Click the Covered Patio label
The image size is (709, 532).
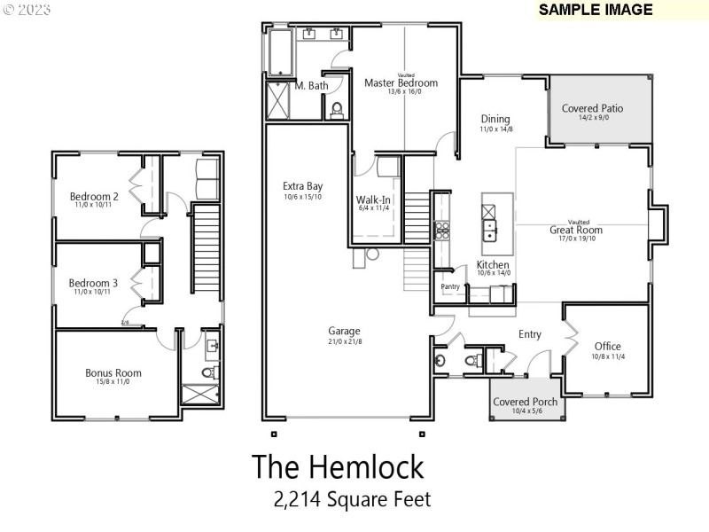(592, 108)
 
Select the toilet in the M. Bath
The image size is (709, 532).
(337, 110)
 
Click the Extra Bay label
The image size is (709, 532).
(302, 186)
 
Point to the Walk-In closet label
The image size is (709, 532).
(374, 199)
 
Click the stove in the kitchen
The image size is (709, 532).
(441, 231)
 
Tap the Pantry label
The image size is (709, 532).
(450, 286)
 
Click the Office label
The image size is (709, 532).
(607, 346)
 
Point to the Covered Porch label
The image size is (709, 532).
(526, 402)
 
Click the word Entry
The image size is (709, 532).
(530, 334)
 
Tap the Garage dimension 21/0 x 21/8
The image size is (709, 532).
(344, 341)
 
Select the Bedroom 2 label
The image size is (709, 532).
(94, 196)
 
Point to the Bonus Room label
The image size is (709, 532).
(113, 372)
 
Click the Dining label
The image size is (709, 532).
(495, 119)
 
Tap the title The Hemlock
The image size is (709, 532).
(338, 465)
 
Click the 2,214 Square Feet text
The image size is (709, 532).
(352, 499)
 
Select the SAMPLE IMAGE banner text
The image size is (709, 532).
(596, 10)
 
